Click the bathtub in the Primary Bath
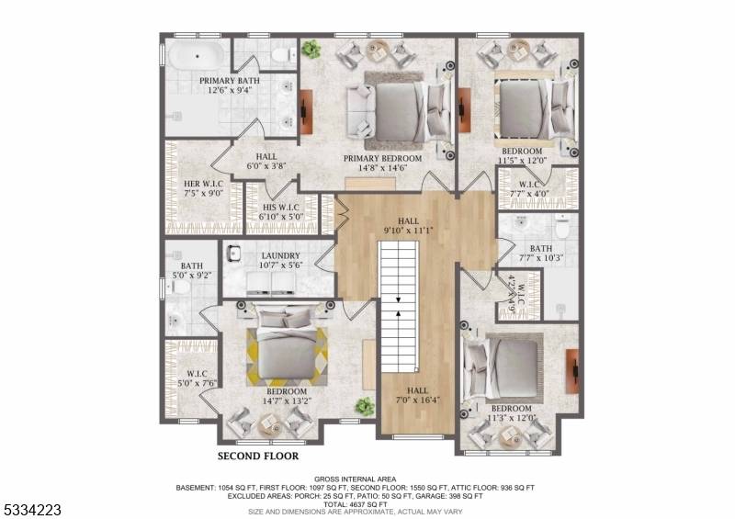pyautogui.click(x=197, y=56)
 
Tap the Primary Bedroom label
pyautogui.click(x=382, y=163)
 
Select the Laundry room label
pyautogui.click(x=280, y=260)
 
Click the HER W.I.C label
pyautogui.click(x=203, y=188)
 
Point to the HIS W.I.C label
pyautogui.click(x=281, y=212)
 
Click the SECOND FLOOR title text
pyautogui.click(x=258, y=456)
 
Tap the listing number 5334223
pyautogui.click(x=31, y=510)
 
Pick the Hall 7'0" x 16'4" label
pyautogui.click(x=417, y=395)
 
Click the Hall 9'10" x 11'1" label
pyautogui.click(x=408, y=225)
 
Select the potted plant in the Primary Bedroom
pyautogui.click(x=311, y=49)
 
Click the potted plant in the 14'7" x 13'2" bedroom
pyautogui.click(x=364, y=406)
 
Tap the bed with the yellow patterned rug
pyautogui.click(x=287, y=346)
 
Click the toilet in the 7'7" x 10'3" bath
pyautogui.click(x=561, y=227)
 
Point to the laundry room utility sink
pyautogui.click(x=233, y=254)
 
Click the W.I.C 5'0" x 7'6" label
pyautogui.click(x=197, y=378)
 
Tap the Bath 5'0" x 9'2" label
pyautogui.click(x=192, y=270)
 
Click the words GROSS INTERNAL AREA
pyautogui.click(x=355, y=480)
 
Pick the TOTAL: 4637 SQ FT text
pyautogui.click(x=355, y=504)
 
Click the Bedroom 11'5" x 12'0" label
pyautogui.click(x=522, y=155)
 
